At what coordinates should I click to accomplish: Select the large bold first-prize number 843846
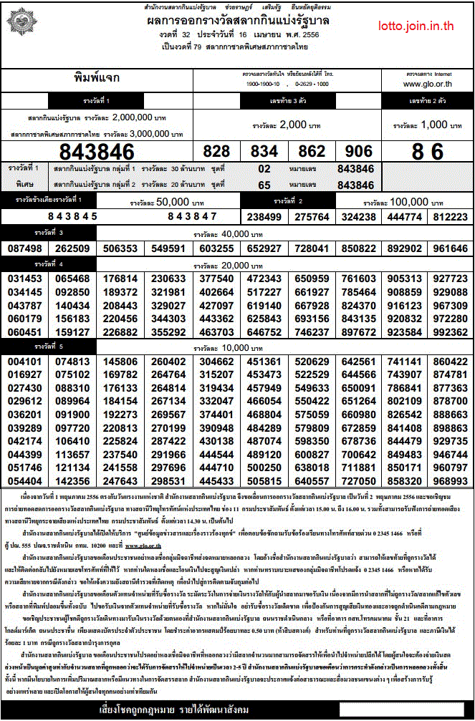[x=97, y=152]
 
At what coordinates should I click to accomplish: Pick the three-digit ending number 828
[x=217, y=152]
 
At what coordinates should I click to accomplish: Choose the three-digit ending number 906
[x=359, y=152]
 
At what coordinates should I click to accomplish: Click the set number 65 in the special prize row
[x=264, y=185]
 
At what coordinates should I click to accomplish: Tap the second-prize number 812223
[x=451, y=216]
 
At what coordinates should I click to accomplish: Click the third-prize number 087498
[x=26, y=248]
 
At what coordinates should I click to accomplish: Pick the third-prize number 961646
[x=451, y=248]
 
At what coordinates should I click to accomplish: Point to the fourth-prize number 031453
[x=26, y=279]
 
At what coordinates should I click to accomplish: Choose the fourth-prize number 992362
[x=451, y=332]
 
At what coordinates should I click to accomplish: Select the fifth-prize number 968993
[x=451, y=482]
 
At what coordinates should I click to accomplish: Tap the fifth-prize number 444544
[x=216, y=455]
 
